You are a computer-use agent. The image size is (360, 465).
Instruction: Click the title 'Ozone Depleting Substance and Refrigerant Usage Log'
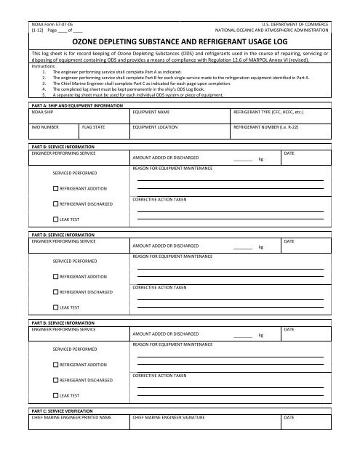pos(180,43)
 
